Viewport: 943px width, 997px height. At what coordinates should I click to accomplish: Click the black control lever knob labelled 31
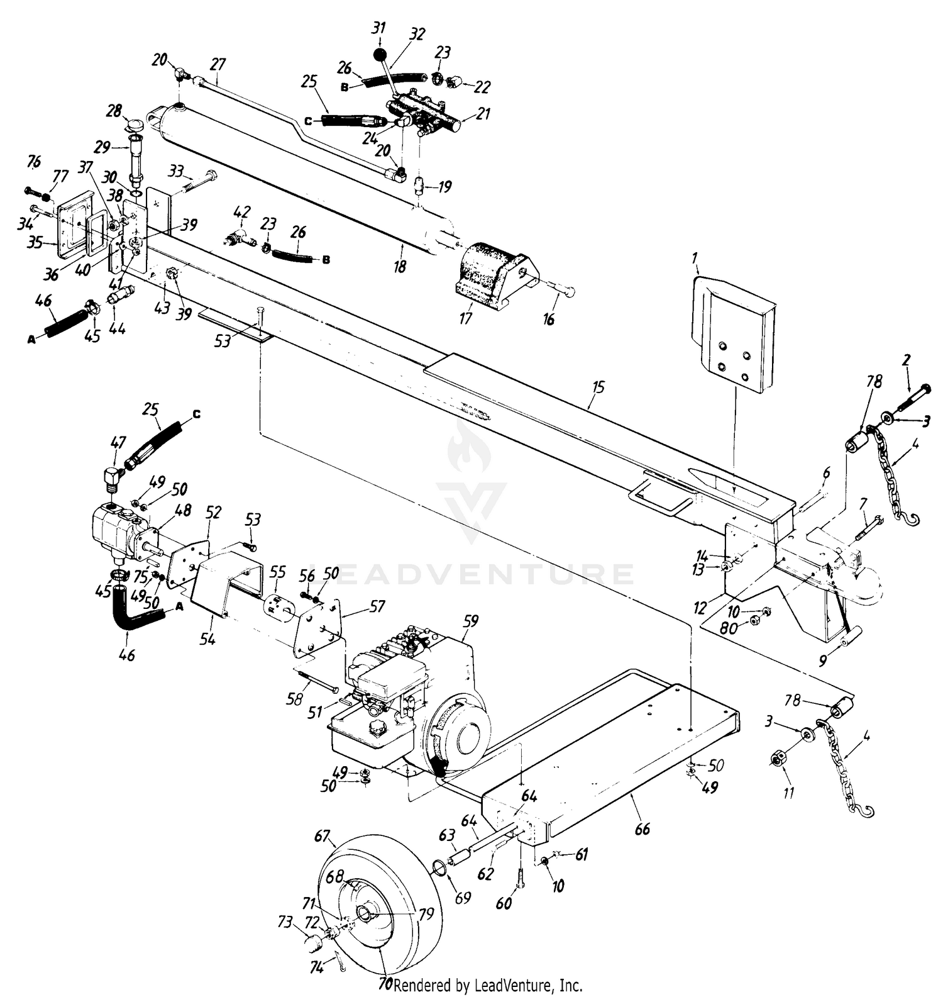pyautogui.click(x=380, y=55)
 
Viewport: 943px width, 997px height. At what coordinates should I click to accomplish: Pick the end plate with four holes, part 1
pyautogui.click(x=732, y=337)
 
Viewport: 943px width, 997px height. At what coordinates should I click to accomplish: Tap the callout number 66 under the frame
pyautogui.click(x=642, y=830)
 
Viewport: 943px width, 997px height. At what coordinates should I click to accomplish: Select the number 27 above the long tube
pyautogui.click(x=218, y=64)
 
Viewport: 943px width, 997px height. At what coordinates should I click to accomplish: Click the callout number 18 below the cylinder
pyautogui.click(x=400, y=266)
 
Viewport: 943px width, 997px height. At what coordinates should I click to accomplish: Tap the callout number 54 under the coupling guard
pyautogui.click(x=207, y=639)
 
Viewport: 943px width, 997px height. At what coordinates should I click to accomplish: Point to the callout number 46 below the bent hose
pyautogui.click(x=126, y=655)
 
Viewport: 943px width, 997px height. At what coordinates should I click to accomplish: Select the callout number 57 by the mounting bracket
pyautogui.click(x=377, y=606)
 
